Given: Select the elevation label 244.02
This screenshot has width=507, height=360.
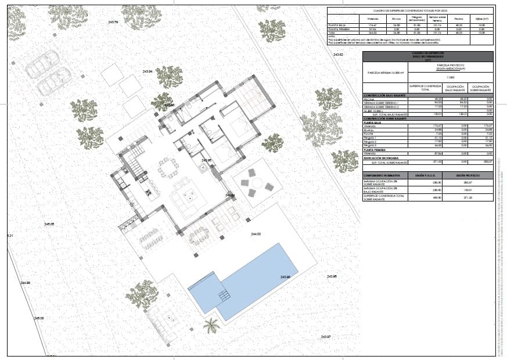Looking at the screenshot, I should (x=256, y=234).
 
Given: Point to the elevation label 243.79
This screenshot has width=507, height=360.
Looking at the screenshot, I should (x=113, y=22).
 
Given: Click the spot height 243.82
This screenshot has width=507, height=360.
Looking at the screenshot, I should (x=339, y=55).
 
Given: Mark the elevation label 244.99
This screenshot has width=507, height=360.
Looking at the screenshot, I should (x=24, y=283).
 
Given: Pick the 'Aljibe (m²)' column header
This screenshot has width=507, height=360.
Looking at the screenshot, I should (x=479, y=19).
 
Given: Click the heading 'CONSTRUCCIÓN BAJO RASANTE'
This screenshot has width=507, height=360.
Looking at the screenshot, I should (x=385, y=95).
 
